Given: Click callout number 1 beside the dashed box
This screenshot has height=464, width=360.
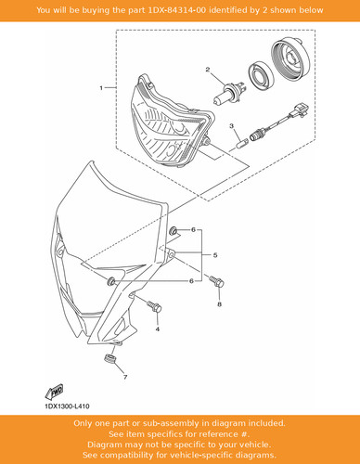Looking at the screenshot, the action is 101,88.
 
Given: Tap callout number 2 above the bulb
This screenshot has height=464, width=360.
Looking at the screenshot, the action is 208,70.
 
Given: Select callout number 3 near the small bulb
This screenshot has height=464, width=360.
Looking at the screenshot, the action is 231,126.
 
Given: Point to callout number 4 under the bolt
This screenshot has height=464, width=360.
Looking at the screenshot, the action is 158,329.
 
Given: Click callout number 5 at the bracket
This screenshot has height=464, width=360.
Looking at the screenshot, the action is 215,255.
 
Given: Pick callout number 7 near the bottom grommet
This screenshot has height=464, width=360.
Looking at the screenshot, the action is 125,377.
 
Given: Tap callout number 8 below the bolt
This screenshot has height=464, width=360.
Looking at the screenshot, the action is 219,304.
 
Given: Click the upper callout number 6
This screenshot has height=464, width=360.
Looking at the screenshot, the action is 193,230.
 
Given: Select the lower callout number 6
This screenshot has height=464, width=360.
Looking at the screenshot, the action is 191,281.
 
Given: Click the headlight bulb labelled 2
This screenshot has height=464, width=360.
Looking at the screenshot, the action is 229,91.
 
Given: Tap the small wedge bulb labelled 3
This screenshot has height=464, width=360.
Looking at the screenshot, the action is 239,144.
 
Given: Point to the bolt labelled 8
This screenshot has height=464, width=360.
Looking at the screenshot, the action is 216,281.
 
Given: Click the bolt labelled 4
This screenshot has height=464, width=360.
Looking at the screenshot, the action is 154,306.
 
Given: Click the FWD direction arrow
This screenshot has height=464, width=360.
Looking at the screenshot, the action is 54,392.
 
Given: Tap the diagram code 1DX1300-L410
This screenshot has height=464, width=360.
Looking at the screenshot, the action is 67,406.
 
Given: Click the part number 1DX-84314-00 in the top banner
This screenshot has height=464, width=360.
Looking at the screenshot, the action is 177,10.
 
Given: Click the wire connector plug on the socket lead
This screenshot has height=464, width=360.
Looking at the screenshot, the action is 299,110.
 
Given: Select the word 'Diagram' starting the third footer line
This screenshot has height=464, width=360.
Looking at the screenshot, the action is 103,445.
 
